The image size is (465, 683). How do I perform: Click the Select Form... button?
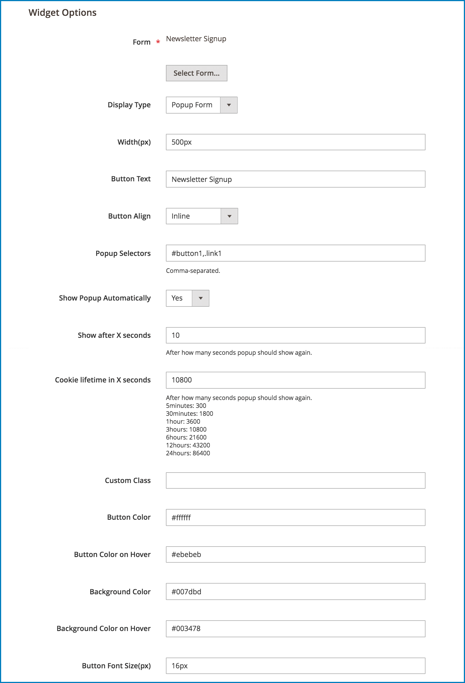tap(196, 73)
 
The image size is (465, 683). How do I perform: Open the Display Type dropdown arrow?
tap(229, 105)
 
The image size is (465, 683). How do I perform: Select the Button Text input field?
tap(295, 179)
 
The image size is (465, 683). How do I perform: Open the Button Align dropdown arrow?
tap(229, 216)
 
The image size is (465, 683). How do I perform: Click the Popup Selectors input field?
tap(295, 253)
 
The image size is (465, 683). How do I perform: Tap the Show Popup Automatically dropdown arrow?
tap(201, 298)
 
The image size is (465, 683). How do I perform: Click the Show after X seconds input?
tap(295, 335)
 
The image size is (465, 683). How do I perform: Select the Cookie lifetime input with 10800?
tap(295, 380)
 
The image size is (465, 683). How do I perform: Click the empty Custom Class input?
tap(295, 480)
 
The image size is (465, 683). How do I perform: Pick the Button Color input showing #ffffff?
tap(295, 517)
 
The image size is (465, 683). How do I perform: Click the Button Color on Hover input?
tap(295, 554)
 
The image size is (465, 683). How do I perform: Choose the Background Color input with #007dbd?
tap(295, 591)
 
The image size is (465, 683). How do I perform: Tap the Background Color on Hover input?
tap(295, 629)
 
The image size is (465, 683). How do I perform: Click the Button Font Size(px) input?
tap(295, 666)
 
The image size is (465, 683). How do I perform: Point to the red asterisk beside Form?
tap(158, 42)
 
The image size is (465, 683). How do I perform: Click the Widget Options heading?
tap(62, 13)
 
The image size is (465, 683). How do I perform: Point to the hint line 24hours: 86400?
tap(188, 453)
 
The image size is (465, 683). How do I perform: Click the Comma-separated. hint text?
tap(193, 271)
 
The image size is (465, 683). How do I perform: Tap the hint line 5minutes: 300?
tap(186, 406)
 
